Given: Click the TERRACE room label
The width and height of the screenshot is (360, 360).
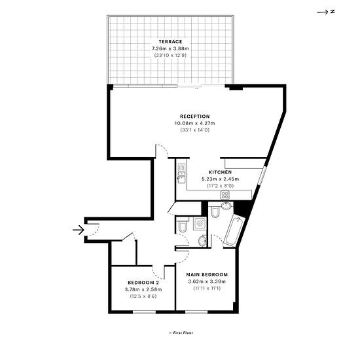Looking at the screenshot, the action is [170, 41].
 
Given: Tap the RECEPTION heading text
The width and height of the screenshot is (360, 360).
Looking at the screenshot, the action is [195, 117].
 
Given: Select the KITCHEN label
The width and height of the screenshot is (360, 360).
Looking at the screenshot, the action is [220, 172].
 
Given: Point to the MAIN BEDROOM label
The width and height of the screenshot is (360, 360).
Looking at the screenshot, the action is [207, 275].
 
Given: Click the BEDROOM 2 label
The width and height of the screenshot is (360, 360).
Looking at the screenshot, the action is [143, 282].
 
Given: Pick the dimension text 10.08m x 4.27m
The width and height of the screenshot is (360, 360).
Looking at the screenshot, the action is [195, 123].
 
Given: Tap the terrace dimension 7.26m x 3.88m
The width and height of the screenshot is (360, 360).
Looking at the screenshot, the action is [170, 48].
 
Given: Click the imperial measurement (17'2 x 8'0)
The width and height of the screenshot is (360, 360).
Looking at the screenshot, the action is [220, 186].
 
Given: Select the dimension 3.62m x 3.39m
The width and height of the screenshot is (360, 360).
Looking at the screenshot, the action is [207, 281].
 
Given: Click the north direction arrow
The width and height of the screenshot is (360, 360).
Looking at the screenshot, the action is [322, 12].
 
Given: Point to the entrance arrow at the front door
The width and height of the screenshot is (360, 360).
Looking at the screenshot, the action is [79, 230].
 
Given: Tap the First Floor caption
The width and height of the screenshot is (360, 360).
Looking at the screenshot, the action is [183, 333].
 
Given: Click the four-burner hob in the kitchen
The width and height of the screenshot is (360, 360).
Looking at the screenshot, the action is [225, 195].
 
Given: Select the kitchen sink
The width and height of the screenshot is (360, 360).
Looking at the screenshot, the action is [181, 173].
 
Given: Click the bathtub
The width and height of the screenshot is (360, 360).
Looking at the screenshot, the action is [234, 231].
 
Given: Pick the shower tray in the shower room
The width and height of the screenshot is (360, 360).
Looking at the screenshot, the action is [200, 223].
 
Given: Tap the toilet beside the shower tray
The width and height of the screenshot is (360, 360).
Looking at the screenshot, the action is [183, 226].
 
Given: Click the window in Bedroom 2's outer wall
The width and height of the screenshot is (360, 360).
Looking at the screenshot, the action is [145, 312].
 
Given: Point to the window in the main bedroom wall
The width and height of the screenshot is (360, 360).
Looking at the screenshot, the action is [196, 312].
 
